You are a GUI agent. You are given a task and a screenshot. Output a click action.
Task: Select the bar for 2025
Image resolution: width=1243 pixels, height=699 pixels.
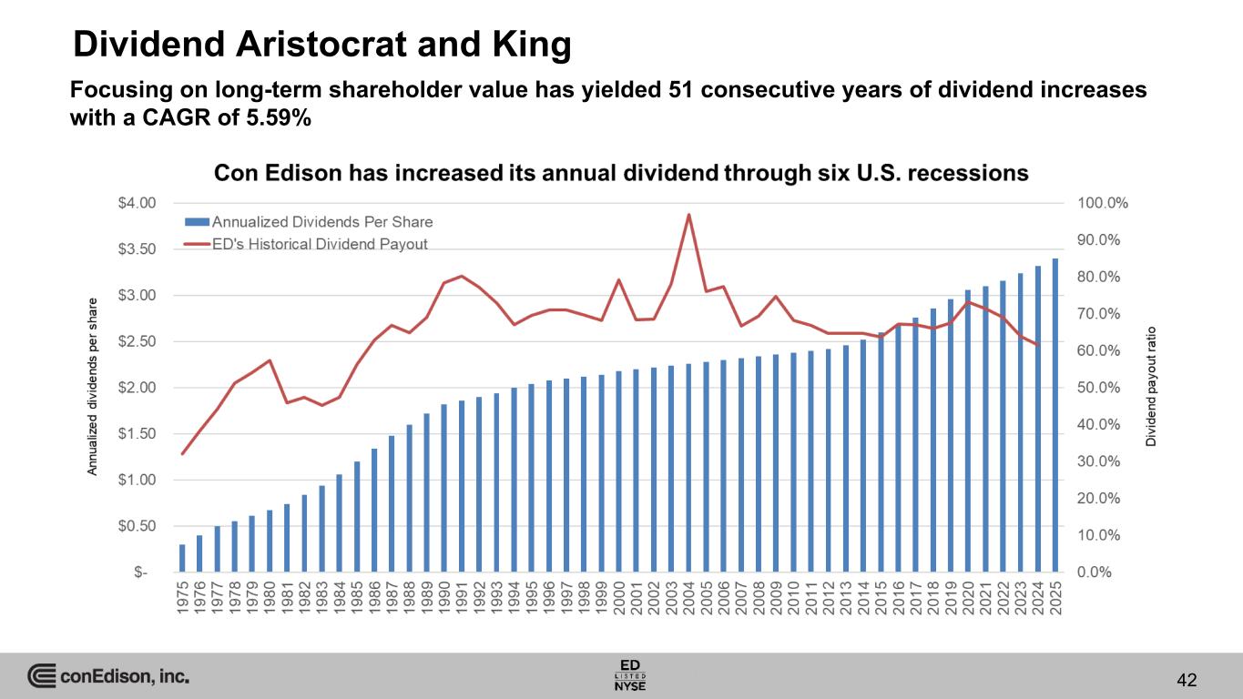(x=1055, y=415)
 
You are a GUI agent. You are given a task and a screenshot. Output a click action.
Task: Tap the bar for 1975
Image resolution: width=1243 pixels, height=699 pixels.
(x=182, y=558)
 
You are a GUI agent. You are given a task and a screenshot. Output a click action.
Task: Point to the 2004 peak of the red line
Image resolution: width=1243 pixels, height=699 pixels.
(x=688, y=215)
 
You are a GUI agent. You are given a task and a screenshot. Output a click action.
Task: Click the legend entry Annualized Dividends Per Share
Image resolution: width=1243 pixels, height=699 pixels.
(x=309, y=221)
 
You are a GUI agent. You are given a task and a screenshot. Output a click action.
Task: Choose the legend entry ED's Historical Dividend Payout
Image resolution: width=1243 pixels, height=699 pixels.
(x=306, y=244)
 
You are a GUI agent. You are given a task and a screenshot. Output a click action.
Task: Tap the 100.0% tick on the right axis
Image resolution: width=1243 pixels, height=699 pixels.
(x=1103, y=203)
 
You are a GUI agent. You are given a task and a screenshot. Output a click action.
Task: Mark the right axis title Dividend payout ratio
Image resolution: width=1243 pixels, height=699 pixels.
(x=1151, y=386)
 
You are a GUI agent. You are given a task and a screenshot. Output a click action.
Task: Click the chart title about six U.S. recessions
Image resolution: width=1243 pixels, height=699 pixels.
(x=620, y=173)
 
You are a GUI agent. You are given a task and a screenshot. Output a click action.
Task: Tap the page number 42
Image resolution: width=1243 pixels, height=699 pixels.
(x=1186, y=679)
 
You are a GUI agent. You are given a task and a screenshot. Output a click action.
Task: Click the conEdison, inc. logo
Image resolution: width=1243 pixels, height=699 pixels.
(x=108, y=676)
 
